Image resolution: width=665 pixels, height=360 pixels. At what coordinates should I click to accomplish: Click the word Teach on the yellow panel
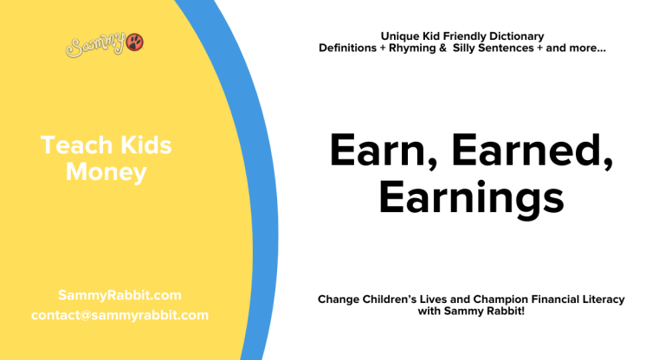pyautogui.click(x=74, y=145)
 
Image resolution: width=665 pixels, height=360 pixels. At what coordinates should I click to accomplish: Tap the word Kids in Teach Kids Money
pyautogui.click(x=142, y=145)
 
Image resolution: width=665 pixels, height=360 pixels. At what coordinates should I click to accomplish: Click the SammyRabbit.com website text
pyautogui.click(x=119, y=295)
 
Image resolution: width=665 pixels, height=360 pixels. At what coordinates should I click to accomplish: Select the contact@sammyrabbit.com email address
pyautogui.click(x=119, y=315)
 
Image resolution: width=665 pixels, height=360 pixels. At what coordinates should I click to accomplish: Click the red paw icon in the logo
pyautogui.click(x=135, y=42)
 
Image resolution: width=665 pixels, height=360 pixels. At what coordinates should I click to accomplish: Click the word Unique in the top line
pyautogui.click(x=400, y=36)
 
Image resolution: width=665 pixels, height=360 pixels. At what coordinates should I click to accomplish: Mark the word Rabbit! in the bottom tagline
pyautogui.click(x=505, y=311)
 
